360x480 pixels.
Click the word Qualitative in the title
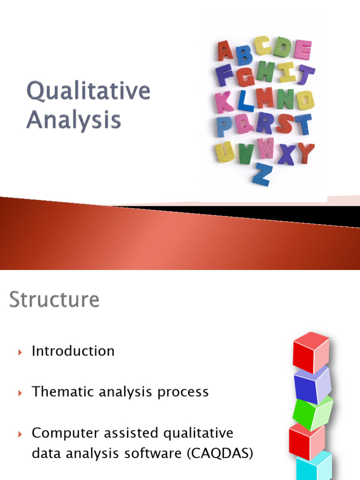88,91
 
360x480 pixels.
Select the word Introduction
73,351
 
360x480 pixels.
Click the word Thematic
59,391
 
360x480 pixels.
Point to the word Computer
60,433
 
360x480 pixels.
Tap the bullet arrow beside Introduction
20,352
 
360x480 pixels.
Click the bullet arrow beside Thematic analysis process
20,393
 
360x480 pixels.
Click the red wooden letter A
224,51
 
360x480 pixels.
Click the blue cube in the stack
312,385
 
